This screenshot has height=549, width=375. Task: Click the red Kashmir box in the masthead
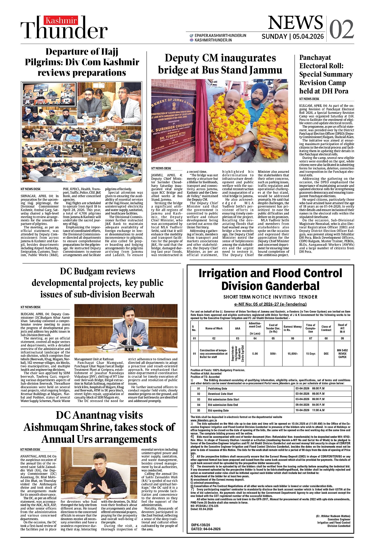[x=61, y=21]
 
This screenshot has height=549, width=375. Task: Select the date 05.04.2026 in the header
[x=308, y=37]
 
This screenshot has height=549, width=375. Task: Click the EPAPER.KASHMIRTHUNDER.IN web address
[x=220, y=35]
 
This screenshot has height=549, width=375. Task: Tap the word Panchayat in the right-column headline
[x=315, y=58]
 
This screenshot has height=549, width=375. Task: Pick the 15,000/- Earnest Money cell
[x=292, y=354]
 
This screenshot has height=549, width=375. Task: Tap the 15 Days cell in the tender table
[x=311, y=354]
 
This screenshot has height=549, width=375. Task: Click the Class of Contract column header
[x=326, y=328]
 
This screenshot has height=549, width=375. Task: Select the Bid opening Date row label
[x=218, y=411]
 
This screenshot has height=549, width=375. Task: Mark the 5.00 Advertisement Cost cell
[x=255, y=354]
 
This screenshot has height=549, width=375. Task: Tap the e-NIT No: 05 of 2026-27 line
[x=270, y=304]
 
